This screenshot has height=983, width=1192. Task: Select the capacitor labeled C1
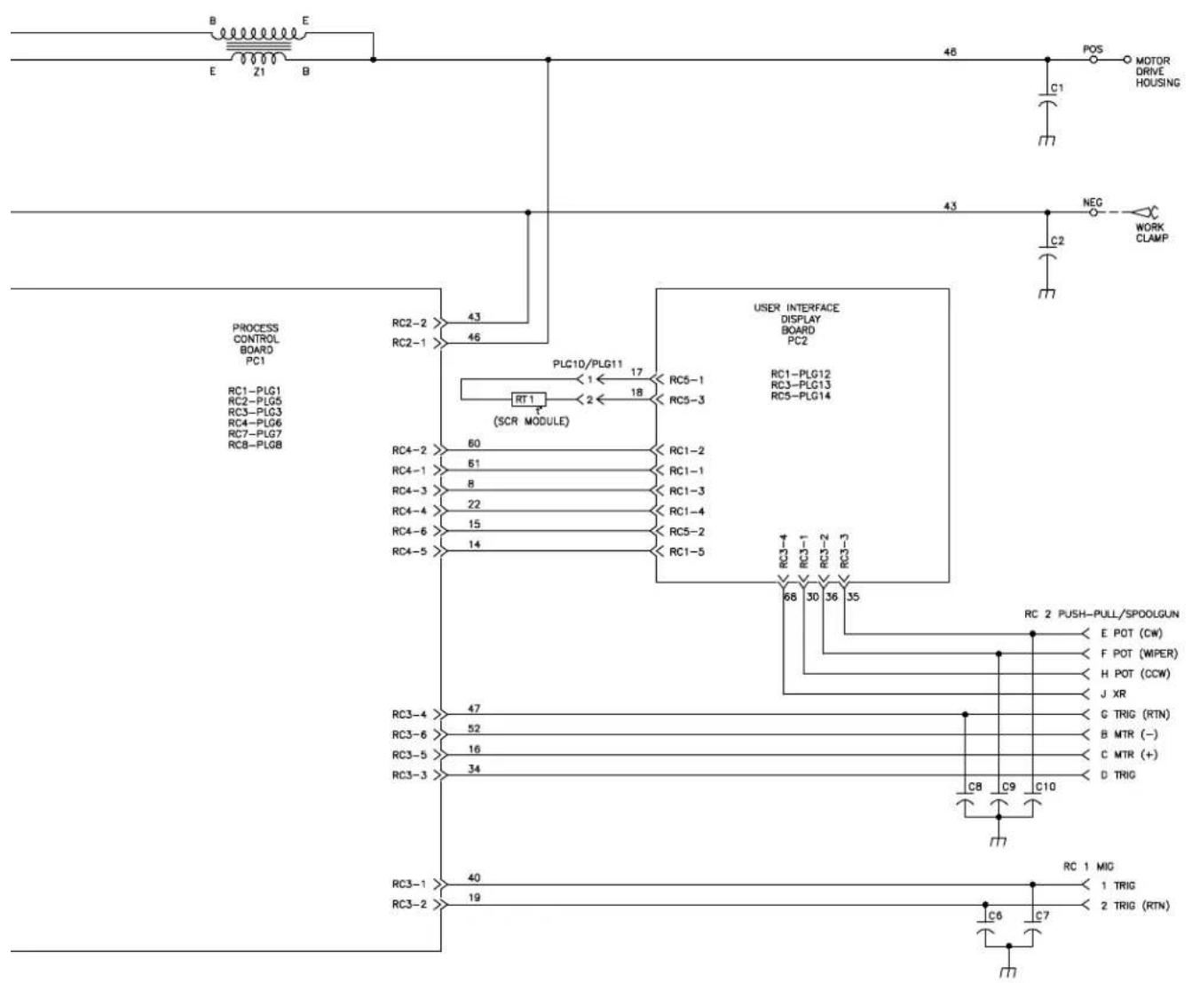[x=1048, y=99]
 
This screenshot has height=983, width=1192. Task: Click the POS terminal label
[x=1093, y=49]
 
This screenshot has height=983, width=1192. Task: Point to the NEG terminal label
[x=1093, y=202]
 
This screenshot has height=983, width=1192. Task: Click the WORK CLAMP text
[x=1149, y=233]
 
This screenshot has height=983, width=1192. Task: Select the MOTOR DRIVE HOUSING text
[x=1157, y=72]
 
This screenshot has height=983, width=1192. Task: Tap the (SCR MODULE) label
[x=531, y=421]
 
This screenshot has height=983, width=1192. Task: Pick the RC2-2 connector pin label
[x=409, y=323]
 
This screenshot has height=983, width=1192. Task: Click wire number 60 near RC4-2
[x=474, y=443]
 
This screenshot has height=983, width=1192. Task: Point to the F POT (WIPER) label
[x=1139, y=654]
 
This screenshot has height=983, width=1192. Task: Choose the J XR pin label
[x=1113, y=694]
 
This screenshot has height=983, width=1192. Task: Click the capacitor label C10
[x=1046, y=787]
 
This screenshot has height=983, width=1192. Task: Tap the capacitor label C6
[x=997, y=916]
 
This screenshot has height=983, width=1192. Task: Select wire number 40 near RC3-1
[x=474, y=878]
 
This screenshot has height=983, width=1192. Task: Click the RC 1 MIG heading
[x=1088, y=866]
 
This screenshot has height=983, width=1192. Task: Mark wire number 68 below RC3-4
[x=789, y=597]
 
